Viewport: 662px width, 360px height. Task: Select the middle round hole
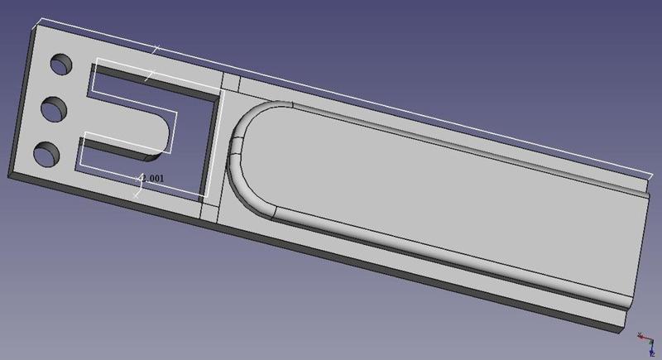pyautogui.click(x=55, y=108)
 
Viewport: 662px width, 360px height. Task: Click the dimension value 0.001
pyautogui.click(x=156, y=178)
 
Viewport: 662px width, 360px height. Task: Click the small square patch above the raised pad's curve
pyautogui.click(x=232, y=84)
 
